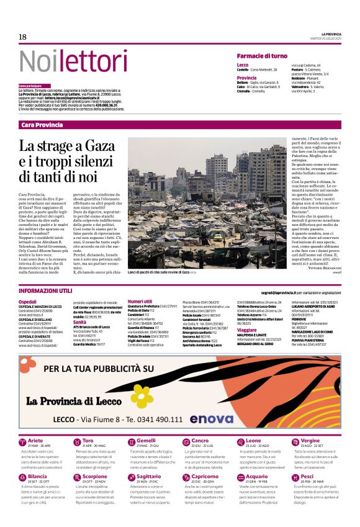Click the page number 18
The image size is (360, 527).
pos(22,37)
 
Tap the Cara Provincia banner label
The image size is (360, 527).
pos(42,125)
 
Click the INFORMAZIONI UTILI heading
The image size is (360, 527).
pos(45,291)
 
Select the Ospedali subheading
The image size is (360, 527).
pos(27,301)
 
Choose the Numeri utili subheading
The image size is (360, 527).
pos(140,301)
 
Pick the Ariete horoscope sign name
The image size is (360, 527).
pos(36,441)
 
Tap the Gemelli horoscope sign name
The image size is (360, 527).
pos(148,441)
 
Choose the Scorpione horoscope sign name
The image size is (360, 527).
pos(94,477)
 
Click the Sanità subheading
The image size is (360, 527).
pos(79,322)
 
